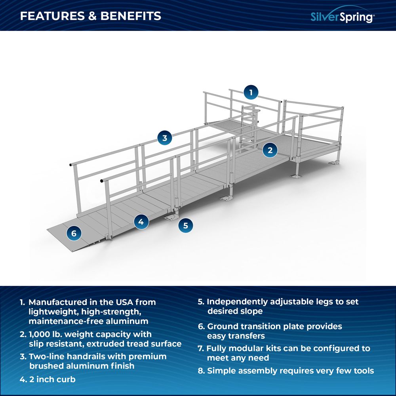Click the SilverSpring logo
342,16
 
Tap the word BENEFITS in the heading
131,16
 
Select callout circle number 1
250,93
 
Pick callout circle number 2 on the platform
270,150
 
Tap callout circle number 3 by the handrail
165,138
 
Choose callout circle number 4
141,222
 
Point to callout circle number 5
185,226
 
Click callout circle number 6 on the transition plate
74,233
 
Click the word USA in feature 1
121,302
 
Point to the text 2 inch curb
52,379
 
